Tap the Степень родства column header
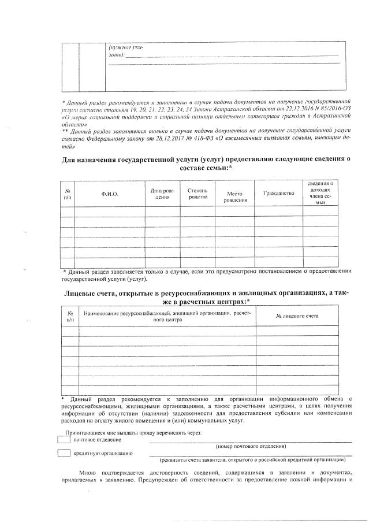(x=197, y=194)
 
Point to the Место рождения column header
(x=237, y=197)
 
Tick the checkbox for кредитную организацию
(x=64, y=454)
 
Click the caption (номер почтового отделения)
(x=250, y=446)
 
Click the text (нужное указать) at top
(x=122, y=50)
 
